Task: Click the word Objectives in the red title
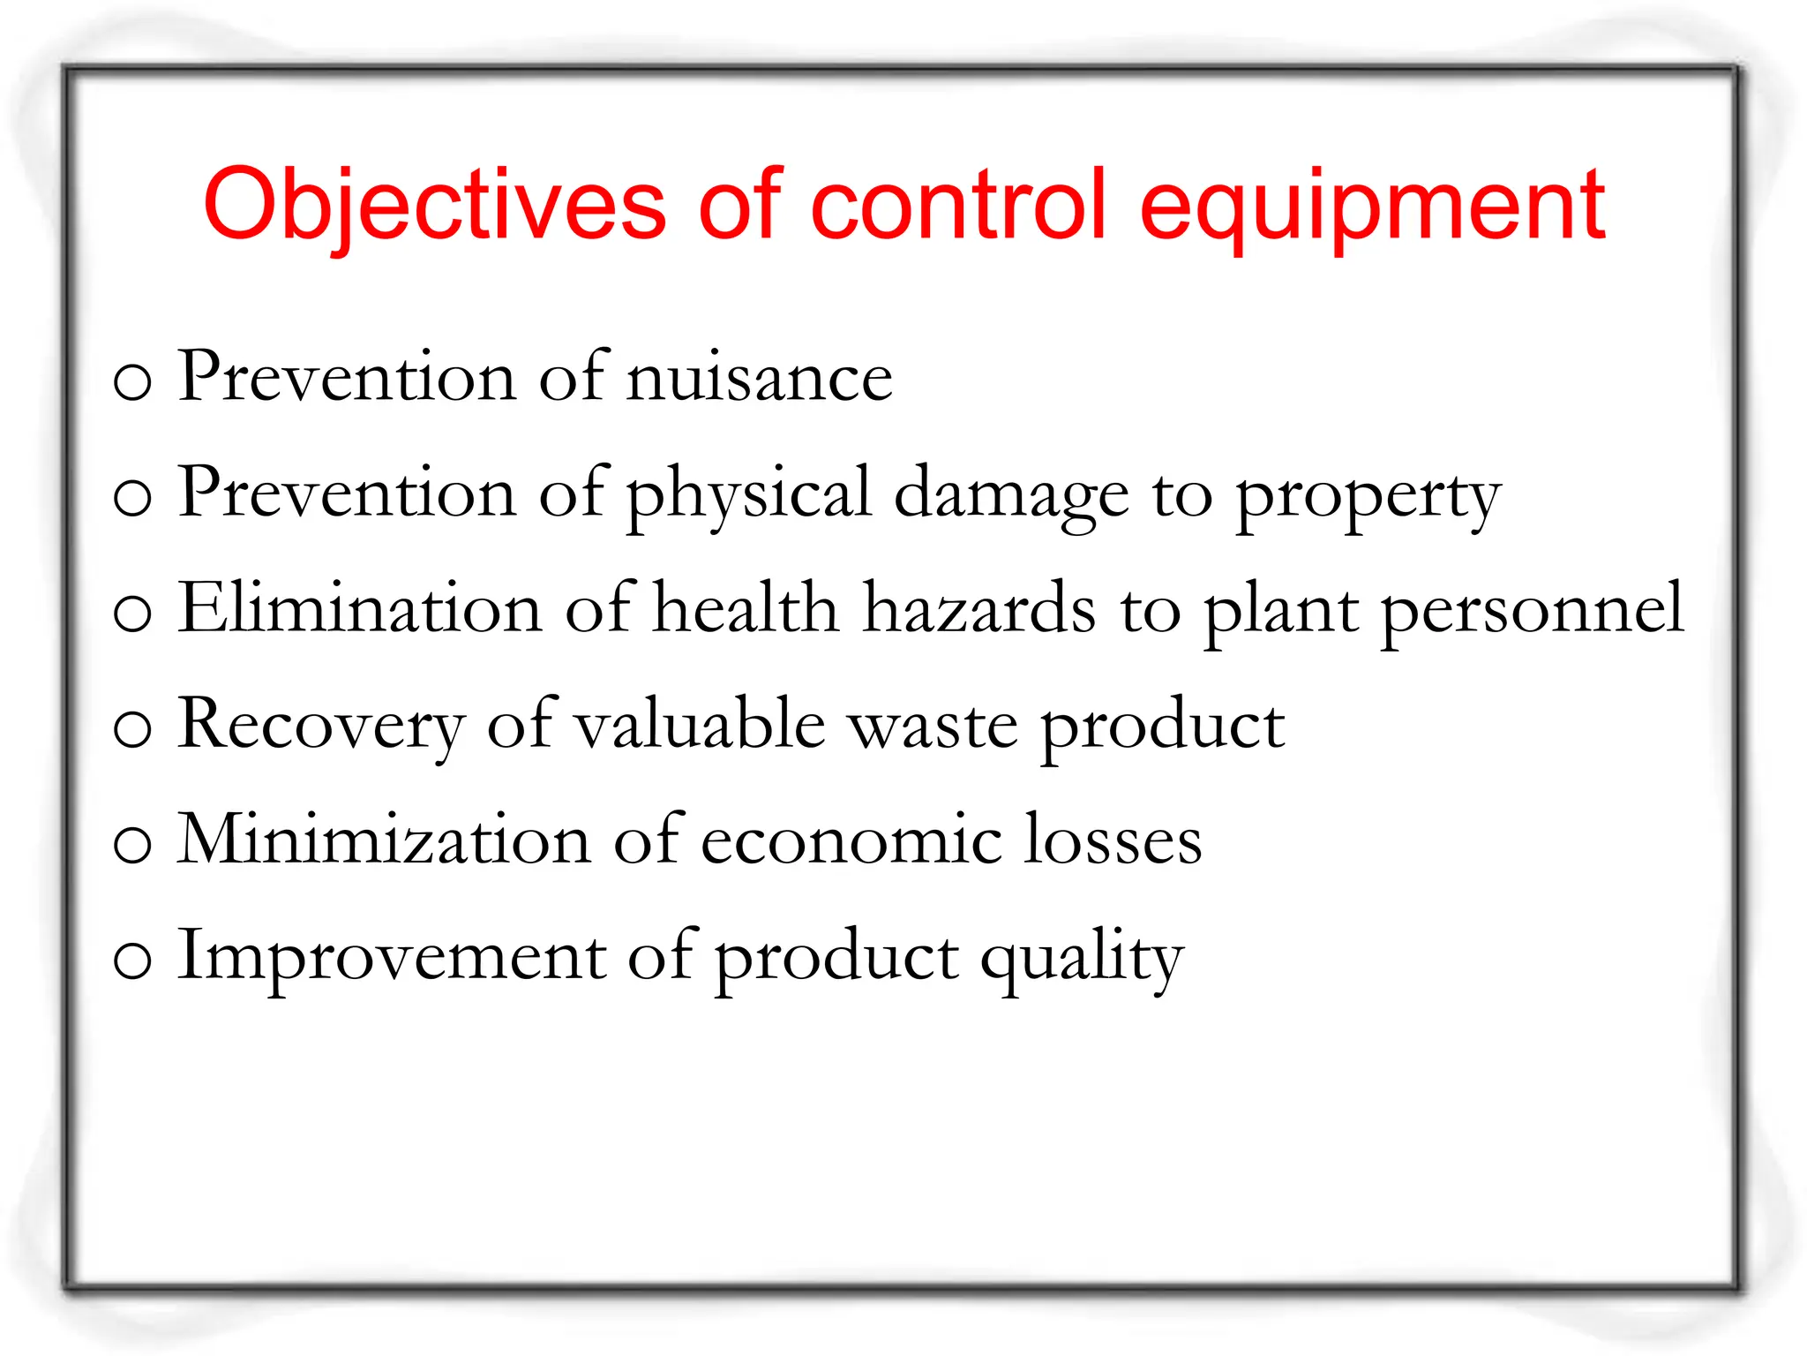(x=434, y=205)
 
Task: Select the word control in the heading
(x=958, y=205)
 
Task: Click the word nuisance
(x=760, y=379)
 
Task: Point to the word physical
(x=749, y=495)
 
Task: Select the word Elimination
(x=360, y=609)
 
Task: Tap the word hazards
(x=979, y=609)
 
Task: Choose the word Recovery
(x=321, y=727)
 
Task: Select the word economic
(x=851, y=841)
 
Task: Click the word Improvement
(x=392, y=957)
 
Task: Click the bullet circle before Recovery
(x=133, y=730)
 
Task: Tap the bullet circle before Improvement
(x=133, y=961)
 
